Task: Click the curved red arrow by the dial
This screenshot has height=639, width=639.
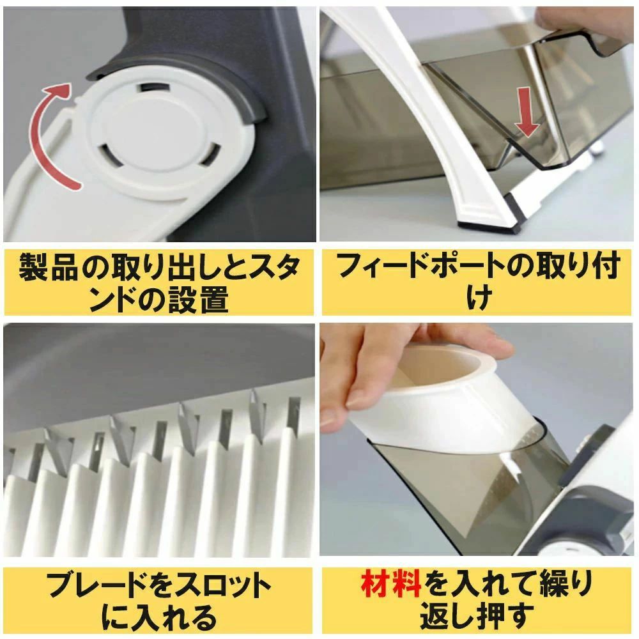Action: [x=39, y=134]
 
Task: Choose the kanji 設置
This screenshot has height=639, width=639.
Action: [x=198, y=300]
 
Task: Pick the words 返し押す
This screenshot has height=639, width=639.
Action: [x=477, y=616]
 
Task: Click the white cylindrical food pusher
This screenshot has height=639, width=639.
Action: [x=444, y=403]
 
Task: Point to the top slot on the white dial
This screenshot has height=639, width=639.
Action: [x=155, y=88]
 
